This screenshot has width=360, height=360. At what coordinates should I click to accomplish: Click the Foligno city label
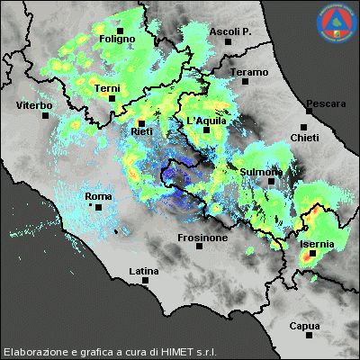point(117,40)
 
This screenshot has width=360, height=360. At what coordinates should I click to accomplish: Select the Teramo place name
point(249,72)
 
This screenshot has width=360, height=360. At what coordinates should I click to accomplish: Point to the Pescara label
point(325,104)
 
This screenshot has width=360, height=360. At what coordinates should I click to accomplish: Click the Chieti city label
point(304,137)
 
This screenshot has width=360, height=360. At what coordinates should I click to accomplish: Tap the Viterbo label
point(34,106)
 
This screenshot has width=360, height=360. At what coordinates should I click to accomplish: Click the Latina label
point(144,271)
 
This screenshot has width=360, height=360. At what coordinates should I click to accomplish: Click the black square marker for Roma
point(98,207)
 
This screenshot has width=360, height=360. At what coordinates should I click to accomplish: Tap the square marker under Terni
point(112,98)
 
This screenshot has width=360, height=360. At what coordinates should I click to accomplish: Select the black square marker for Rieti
point(141,121)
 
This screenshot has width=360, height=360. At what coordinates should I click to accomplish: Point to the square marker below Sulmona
point(270,181)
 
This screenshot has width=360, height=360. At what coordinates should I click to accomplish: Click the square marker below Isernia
point(312,254)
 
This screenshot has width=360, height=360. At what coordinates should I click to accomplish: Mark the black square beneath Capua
point(309,336)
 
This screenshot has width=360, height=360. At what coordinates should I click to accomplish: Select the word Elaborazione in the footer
point(33,351)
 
